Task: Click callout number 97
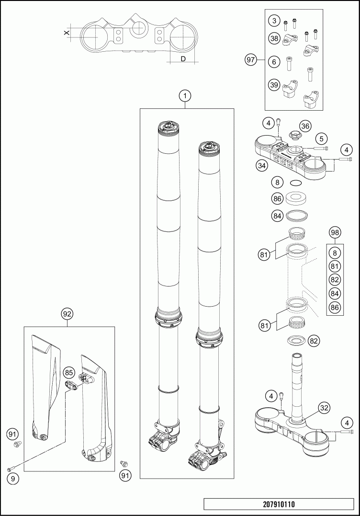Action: pyautogui.click(x=250, y=60)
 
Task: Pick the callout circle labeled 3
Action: pyautogui.click(x=273, y=21)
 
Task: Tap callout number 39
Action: pyautogui.click(x=273, y=85)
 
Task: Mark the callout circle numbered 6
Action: pyautogui.click(x=273, y=61)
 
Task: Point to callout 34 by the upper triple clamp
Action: pyautogui.click(x=261, y=166)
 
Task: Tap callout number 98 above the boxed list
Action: pyautogui.click(x=336, y=232)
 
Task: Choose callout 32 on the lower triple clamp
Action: pyautogui.click(x=324, y=408)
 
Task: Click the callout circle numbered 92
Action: pyautogui.click(x=67, y=314)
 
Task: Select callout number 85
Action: pyautogui.click(x=69, y=372)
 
